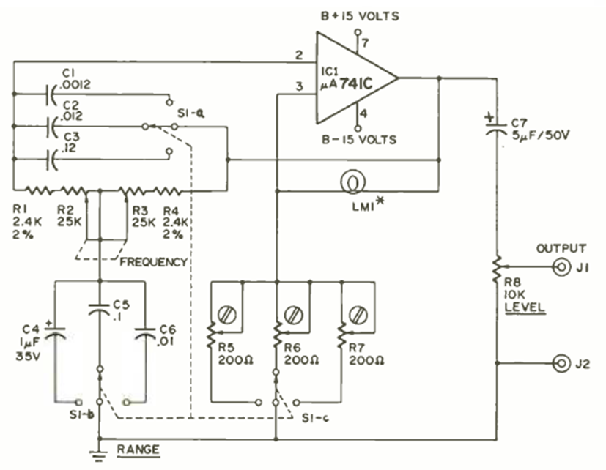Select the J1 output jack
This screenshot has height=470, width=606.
(x=561, y=267)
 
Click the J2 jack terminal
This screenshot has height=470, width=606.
(x=561, y=363)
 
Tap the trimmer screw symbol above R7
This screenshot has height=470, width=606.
(x=358, y=316)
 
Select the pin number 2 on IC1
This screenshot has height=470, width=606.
(x=298, y=56)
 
